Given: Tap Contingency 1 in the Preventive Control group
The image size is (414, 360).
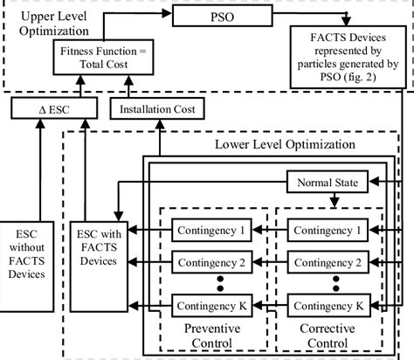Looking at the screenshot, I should coord(214,231).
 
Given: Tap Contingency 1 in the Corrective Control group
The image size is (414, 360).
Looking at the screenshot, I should coord(331,231).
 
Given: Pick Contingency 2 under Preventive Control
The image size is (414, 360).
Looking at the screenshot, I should coord(214,261).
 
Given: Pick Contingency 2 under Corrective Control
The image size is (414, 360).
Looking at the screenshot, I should coord(331,261).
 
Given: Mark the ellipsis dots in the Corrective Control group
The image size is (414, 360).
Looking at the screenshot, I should coord(331,283).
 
